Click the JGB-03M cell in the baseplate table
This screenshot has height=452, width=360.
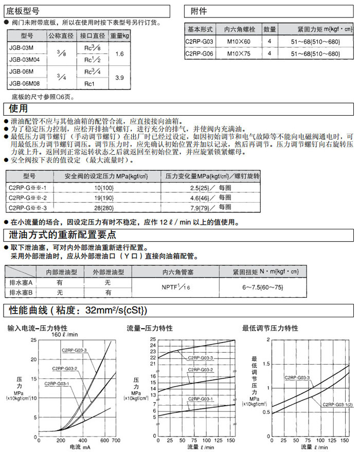click(21, 47)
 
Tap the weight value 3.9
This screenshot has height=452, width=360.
click(120, 77)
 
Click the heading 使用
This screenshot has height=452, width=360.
click(18, 109)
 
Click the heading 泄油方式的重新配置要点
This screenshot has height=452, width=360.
click(62, 235)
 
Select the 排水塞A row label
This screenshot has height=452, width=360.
click(21, 283)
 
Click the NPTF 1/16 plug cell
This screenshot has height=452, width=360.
click(176, 287)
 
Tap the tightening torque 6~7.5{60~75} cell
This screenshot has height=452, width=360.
click(262, 287)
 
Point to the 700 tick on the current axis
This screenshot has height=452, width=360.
click(116, 441)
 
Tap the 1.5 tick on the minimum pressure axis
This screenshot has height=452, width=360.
click(266, 364)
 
